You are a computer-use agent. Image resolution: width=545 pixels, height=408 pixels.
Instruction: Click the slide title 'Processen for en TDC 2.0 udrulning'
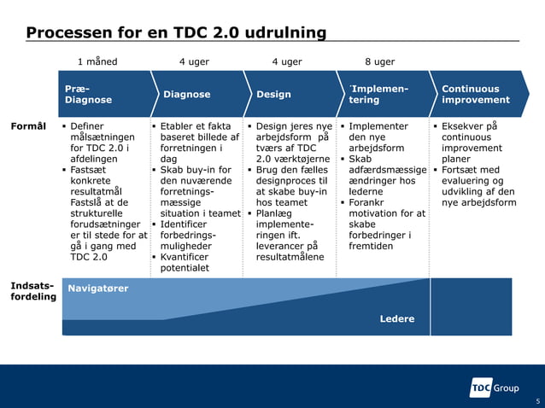176,33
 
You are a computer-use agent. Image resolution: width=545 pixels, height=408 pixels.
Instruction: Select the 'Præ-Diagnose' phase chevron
88,94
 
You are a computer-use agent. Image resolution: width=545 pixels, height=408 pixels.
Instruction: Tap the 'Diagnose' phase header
186,95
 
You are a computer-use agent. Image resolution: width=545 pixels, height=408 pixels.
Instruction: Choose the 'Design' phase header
273,95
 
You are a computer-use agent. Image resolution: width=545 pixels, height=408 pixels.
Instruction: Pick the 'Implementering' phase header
378,94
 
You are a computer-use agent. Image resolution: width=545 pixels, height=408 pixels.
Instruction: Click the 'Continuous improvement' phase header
475,94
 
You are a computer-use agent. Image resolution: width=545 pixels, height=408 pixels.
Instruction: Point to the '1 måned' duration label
97,61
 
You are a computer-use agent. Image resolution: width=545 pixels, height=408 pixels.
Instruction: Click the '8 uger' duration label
379,61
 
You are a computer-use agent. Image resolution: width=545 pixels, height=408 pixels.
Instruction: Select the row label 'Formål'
28,126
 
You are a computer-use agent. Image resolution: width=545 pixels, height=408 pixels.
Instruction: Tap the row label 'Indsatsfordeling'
32,291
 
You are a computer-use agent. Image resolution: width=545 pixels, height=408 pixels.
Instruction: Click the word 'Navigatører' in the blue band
98,289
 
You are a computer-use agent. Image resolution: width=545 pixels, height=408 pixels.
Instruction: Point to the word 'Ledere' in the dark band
397,319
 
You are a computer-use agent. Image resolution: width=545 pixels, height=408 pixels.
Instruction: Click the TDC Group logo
495,388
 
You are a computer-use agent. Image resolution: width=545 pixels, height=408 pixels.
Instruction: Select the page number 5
537,401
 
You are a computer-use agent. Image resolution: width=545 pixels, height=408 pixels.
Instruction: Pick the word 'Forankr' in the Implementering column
368,203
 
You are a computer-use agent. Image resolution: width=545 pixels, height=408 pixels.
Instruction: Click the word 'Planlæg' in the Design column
276,213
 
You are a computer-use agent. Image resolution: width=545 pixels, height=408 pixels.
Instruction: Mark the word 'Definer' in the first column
87,126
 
